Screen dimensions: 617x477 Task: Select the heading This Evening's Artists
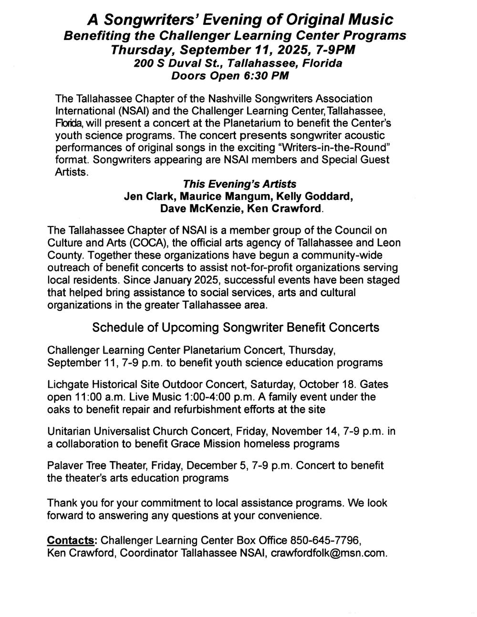click(x=240, y=184)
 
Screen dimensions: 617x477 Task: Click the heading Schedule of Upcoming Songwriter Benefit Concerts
click(x=236, y=328)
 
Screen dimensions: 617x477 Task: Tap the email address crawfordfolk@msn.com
click(x=329, y=553)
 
